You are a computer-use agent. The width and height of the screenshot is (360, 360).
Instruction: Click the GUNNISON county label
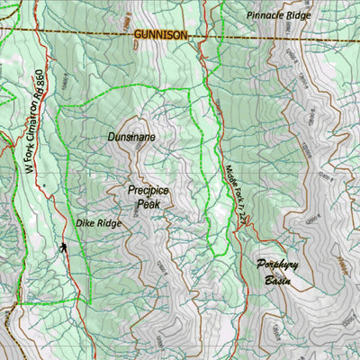click(160, 34)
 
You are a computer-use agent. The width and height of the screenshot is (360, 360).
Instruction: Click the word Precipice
click(148, 191)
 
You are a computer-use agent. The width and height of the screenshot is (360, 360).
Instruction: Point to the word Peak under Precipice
click(148, 204)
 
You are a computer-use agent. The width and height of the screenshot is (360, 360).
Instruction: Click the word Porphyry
click(278, 265)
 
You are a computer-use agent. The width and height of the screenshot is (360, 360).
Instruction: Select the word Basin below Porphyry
click(278, 281)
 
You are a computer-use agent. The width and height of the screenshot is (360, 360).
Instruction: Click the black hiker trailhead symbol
click(64, 247)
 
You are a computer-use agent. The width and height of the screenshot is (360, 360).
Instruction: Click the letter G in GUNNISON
click(138, 34)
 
